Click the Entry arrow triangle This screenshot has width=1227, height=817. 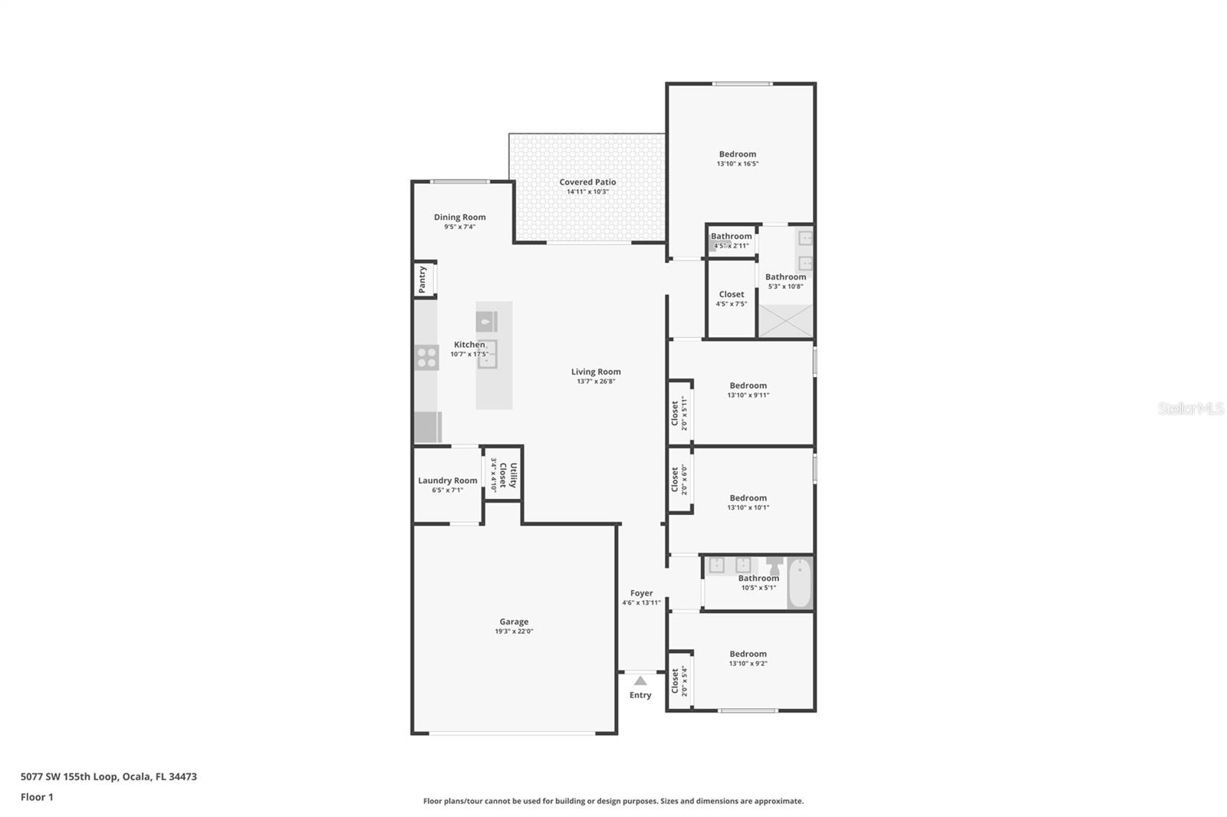(x=640, y=681)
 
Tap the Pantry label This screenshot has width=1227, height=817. (x=423, y=279)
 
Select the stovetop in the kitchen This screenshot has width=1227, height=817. (x=426, y=358)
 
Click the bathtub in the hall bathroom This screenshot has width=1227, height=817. (x=801, y=582)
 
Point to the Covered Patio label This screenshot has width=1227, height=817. (x=587, y=182)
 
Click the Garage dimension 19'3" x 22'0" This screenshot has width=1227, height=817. (x=514, y=631)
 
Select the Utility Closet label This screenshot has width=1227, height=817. (x=508, y=474)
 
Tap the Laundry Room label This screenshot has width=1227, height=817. (x=448, y=481)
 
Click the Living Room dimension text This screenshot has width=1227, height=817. (x=596, y=381)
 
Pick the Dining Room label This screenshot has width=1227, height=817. (x=459, y=217)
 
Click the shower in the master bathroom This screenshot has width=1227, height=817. (x=785, y=321)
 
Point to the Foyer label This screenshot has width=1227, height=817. (x=641, y=593)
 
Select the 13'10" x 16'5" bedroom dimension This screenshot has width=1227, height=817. (x=738, y=163)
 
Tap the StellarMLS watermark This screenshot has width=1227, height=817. (x=1191, y=408)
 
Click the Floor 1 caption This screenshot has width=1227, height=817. (x=37, y=797)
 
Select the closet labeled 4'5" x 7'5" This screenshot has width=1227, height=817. (x=732, y=299)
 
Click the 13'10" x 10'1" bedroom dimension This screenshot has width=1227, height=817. (x=748, y=507)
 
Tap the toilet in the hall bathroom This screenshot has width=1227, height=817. (x=774, y=566)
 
